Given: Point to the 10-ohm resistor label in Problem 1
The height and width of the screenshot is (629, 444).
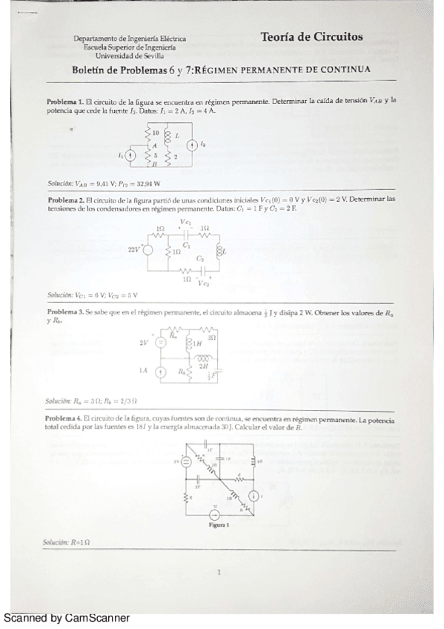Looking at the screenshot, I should [x=156, y=134].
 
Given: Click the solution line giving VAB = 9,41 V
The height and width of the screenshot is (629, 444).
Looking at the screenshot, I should [x=104, y=182].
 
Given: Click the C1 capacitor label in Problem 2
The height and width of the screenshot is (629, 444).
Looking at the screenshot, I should [x=187, y=244].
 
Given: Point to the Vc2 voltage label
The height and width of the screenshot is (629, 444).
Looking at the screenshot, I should [x=204, y=283].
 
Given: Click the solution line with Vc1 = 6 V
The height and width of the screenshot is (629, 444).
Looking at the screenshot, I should [x=93, y=294].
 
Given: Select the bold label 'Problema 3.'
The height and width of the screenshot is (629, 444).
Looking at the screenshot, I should [x=64, y=313].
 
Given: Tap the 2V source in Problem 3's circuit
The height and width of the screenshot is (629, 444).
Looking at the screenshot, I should [x=159, y=343].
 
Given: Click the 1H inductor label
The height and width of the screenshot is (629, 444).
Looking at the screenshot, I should [x=197, y=344].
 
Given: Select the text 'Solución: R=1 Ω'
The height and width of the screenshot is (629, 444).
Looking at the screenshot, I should [x=67, y=542].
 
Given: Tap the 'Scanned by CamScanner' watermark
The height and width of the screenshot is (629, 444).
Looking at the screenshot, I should [x=67, y=618].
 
